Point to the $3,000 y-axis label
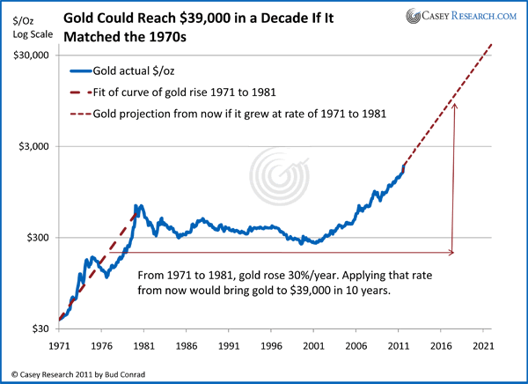pos(33,146)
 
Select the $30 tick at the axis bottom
pos(40,329)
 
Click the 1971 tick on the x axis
pos(60,347)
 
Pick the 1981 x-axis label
pos(144,347)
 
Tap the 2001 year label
pos(313,347)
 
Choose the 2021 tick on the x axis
pos(482,347)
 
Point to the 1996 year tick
pos(271,347)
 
